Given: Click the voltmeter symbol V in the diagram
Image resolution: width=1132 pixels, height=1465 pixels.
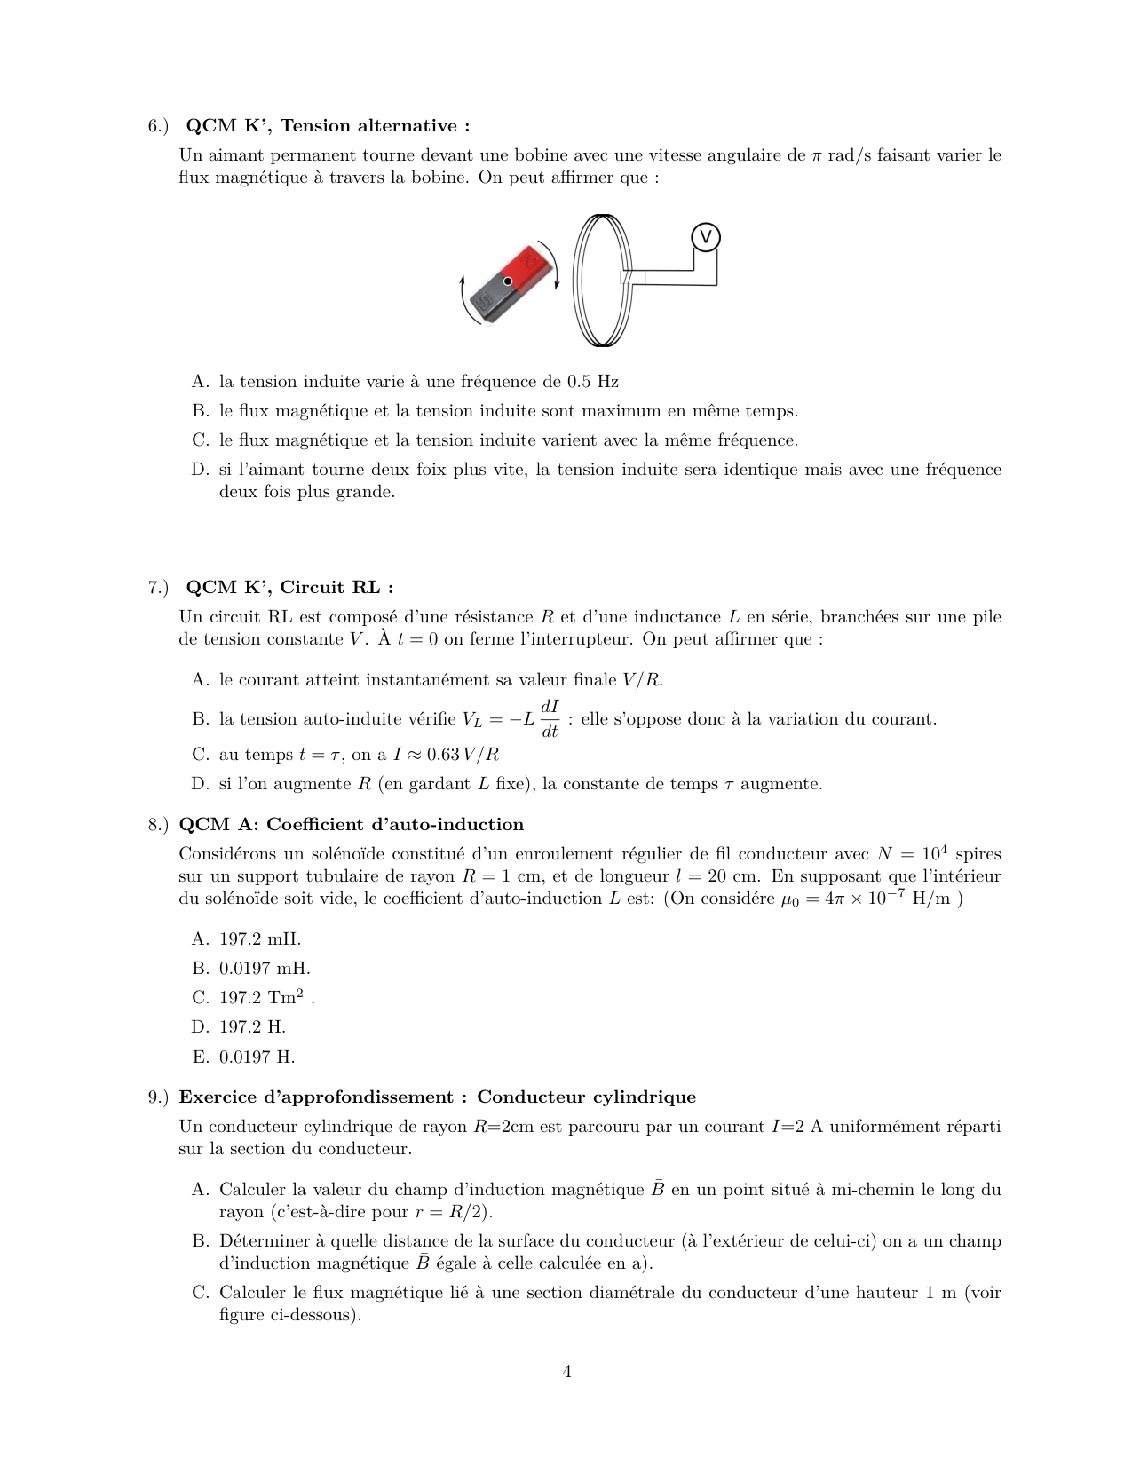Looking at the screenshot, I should (x=705, y=237).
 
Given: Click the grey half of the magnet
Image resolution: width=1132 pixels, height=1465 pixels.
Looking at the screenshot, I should (x=489, y=300).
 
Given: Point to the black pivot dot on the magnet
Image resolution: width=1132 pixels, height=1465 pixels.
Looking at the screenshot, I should (x=508, y=281).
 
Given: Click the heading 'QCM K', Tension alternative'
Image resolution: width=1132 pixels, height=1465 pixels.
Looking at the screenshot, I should (x=328, y=125).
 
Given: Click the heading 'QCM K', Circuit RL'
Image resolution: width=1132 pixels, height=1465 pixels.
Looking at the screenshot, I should (x=289, y=587).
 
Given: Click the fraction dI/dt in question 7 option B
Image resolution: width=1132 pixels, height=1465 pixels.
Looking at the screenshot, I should (x=550, y=718).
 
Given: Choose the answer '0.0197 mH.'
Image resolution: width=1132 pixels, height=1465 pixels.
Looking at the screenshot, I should (x=265, y=968).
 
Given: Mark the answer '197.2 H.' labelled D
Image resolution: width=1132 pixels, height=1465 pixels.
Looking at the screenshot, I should (x=252, y=1026).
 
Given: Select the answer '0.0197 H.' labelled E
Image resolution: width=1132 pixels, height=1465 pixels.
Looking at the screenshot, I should (x=257, y=1057).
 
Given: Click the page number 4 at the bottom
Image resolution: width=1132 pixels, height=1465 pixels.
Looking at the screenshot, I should (x=566, y=1372).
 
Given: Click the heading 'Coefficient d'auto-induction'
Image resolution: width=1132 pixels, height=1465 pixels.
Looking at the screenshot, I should (x=395, y=824).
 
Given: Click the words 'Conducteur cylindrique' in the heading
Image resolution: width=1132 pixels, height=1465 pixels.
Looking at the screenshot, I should (x=586, y=1097).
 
